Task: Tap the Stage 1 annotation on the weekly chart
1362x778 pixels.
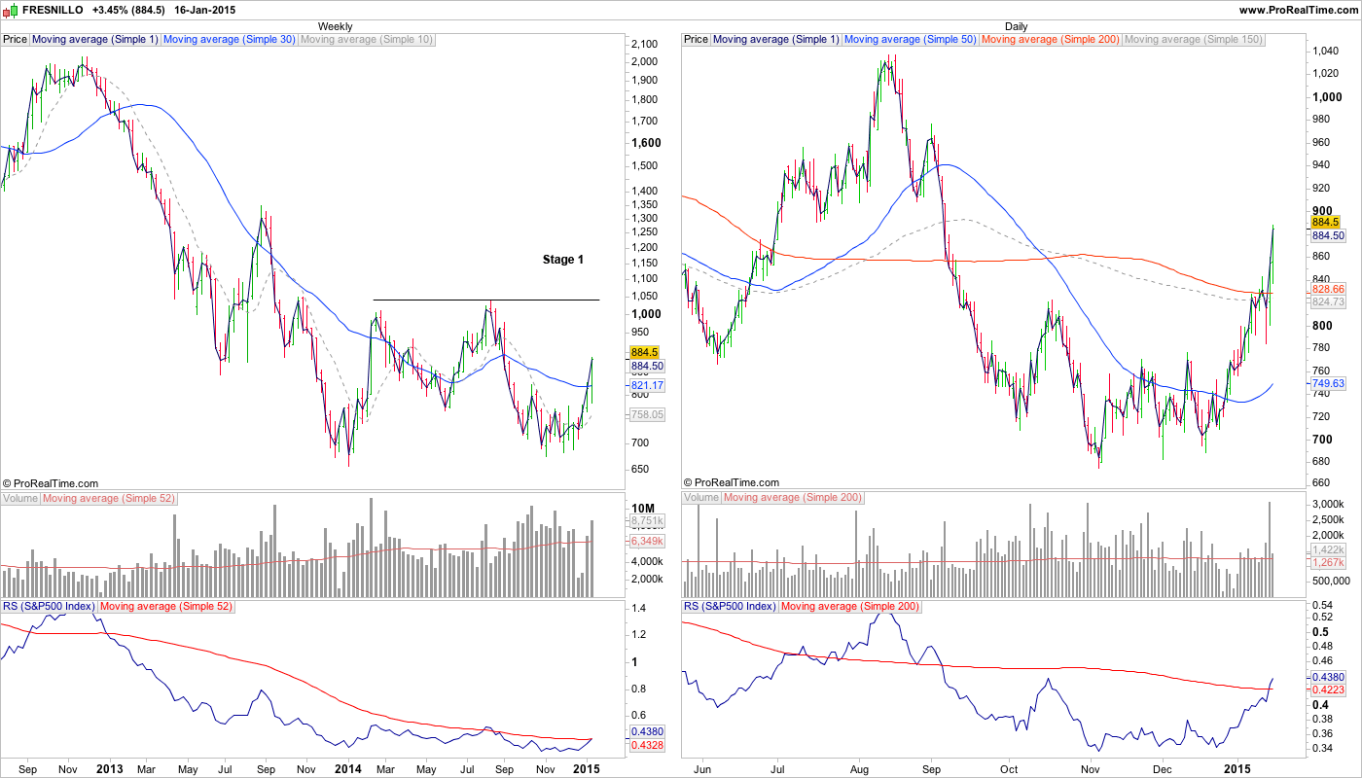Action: pyautogui.click(x=563, y=260)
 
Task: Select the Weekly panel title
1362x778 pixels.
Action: pyautogui.click(x=336, y=26)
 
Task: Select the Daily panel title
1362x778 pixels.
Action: pyautogui.click(x=1017, y=26)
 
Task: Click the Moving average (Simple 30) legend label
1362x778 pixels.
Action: pyautogui.click(x=229, y=40)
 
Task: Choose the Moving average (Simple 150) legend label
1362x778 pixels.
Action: pyautogui.click(x=1193, y=40)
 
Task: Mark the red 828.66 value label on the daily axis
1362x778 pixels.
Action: pyautogui.click(x=1328, y=290)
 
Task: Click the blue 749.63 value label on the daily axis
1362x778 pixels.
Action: pyautogui.click(x=1328, y=384)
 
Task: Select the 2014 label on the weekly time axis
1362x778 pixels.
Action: pyautogui.click(x=347, y=768)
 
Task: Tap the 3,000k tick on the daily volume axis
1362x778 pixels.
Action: pyautogui.click(x=1326, y=503)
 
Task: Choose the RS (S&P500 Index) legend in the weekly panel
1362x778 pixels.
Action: pyautogui.click(x=49, y=607)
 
